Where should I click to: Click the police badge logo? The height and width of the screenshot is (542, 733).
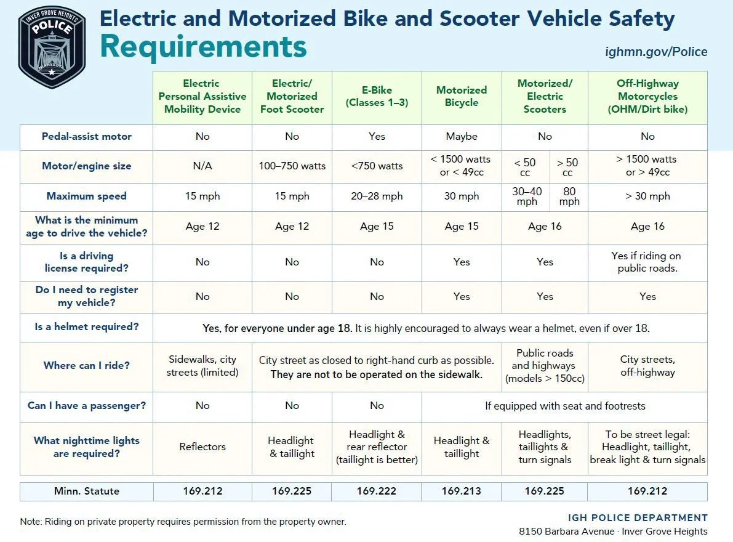click(52, 47)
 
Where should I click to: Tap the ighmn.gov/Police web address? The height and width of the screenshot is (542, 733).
click(656, 52)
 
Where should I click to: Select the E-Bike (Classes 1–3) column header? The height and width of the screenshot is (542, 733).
click(377, 96)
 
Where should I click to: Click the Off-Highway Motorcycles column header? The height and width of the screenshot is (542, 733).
click(647, 96)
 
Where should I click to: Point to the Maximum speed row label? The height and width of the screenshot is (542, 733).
click(87, 196)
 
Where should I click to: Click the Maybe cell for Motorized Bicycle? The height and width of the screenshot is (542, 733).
click(462, 137)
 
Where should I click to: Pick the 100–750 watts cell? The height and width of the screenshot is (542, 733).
click(292, 166)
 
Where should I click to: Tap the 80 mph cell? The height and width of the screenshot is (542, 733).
click(569, 196)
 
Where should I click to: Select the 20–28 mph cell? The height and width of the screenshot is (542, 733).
click(377, 196)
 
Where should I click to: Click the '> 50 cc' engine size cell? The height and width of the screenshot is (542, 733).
click(567, 167)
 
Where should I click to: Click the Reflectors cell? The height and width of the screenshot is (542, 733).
click(202, 447)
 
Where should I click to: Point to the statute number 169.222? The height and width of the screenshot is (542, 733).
click(376, 491)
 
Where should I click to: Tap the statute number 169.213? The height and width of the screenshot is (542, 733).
click(462, 491)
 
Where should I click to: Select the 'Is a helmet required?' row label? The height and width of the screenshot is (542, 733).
click(87, 327)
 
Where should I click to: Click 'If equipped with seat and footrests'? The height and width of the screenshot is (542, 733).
click(565, 406)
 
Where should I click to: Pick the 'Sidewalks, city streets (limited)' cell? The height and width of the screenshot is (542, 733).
click(202, 366)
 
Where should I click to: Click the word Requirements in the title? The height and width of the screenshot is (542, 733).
click(203, 47)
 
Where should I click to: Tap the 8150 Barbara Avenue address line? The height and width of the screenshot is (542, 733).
click(613, 532)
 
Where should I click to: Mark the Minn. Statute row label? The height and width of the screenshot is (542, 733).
click(87, 491)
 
